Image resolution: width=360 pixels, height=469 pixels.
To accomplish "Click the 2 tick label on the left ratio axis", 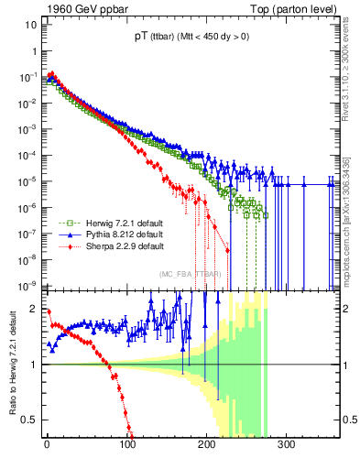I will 34,309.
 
